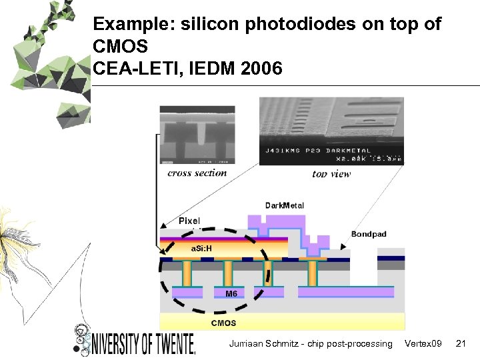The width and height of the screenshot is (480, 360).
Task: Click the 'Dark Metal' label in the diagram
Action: click(285, 205)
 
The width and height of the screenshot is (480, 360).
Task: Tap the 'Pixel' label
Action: click(189, 221)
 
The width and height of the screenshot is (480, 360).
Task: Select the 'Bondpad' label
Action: click(369, 234)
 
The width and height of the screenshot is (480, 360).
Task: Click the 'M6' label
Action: click(231, 294)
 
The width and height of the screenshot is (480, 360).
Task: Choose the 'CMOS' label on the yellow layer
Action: click(223, 323)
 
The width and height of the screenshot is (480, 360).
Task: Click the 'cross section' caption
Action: click(197, 173)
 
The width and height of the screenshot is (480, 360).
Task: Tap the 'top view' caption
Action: click(331, 173)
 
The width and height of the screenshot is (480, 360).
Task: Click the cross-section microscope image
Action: click(197, 135)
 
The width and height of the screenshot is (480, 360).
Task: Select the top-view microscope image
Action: click(331, 131)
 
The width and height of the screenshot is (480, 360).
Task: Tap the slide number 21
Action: click(459, 343)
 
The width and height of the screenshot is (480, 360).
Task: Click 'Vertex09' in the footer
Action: click(423, 343)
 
